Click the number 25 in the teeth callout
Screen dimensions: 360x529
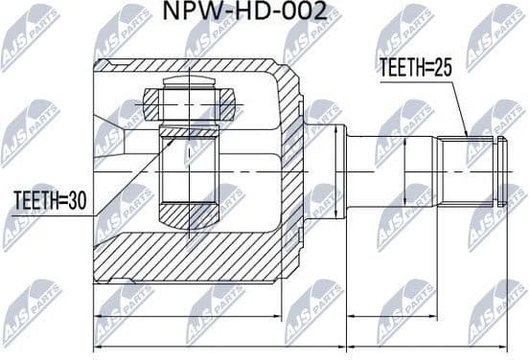444,68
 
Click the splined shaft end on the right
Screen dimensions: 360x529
470,169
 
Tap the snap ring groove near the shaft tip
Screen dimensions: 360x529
497,169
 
